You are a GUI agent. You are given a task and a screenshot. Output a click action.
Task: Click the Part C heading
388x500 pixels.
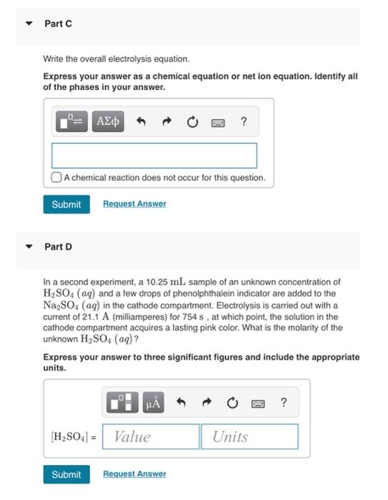click(58, 24)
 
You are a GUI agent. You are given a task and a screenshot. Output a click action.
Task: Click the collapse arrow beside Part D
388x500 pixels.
click(29, 247)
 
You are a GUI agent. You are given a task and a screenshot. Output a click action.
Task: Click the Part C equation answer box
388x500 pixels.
click(154, 155)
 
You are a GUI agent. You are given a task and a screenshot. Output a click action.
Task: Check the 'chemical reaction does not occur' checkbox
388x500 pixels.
click(56, 177)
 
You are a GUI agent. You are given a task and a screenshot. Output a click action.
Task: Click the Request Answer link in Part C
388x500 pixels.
click(134, 204)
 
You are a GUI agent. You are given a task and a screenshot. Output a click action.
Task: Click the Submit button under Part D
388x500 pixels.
click(66, 474)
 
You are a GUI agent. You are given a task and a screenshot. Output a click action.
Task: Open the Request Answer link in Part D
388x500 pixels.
click(134, 474)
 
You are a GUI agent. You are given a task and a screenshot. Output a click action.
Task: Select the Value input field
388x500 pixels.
click(151, 436)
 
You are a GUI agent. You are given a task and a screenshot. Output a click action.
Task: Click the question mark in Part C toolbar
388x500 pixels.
click(244, 122)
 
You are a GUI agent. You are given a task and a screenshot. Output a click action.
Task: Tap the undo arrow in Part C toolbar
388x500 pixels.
click(142, 122)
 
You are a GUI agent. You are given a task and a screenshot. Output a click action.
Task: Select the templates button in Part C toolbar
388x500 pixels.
click(71, 122)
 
